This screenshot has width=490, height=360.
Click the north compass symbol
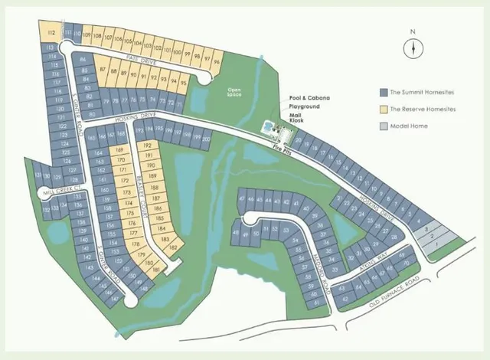(413, 48)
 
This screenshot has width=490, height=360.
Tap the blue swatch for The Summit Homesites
(384, 92)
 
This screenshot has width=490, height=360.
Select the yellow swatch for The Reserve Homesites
(384, 109)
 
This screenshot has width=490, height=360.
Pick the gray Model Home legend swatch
(384, 126)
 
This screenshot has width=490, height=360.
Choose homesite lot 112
(51, 34)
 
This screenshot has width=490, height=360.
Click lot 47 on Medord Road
(242, 198)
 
